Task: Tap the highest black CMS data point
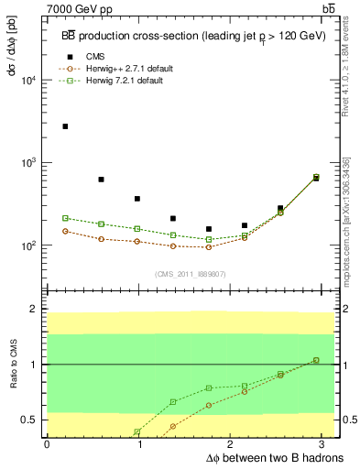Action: click(x=65, y=126)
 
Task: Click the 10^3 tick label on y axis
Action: click(x=27, y=163)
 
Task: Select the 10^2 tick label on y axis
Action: click(x=27, y=245)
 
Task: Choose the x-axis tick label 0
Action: click(x=47, y=443)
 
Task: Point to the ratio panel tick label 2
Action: click(x=35, y=310)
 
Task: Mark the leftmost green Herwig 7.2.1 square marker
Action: click(x=65, y=218)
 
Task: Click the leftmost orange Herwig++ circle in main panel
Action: click(x=65, y=231)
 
